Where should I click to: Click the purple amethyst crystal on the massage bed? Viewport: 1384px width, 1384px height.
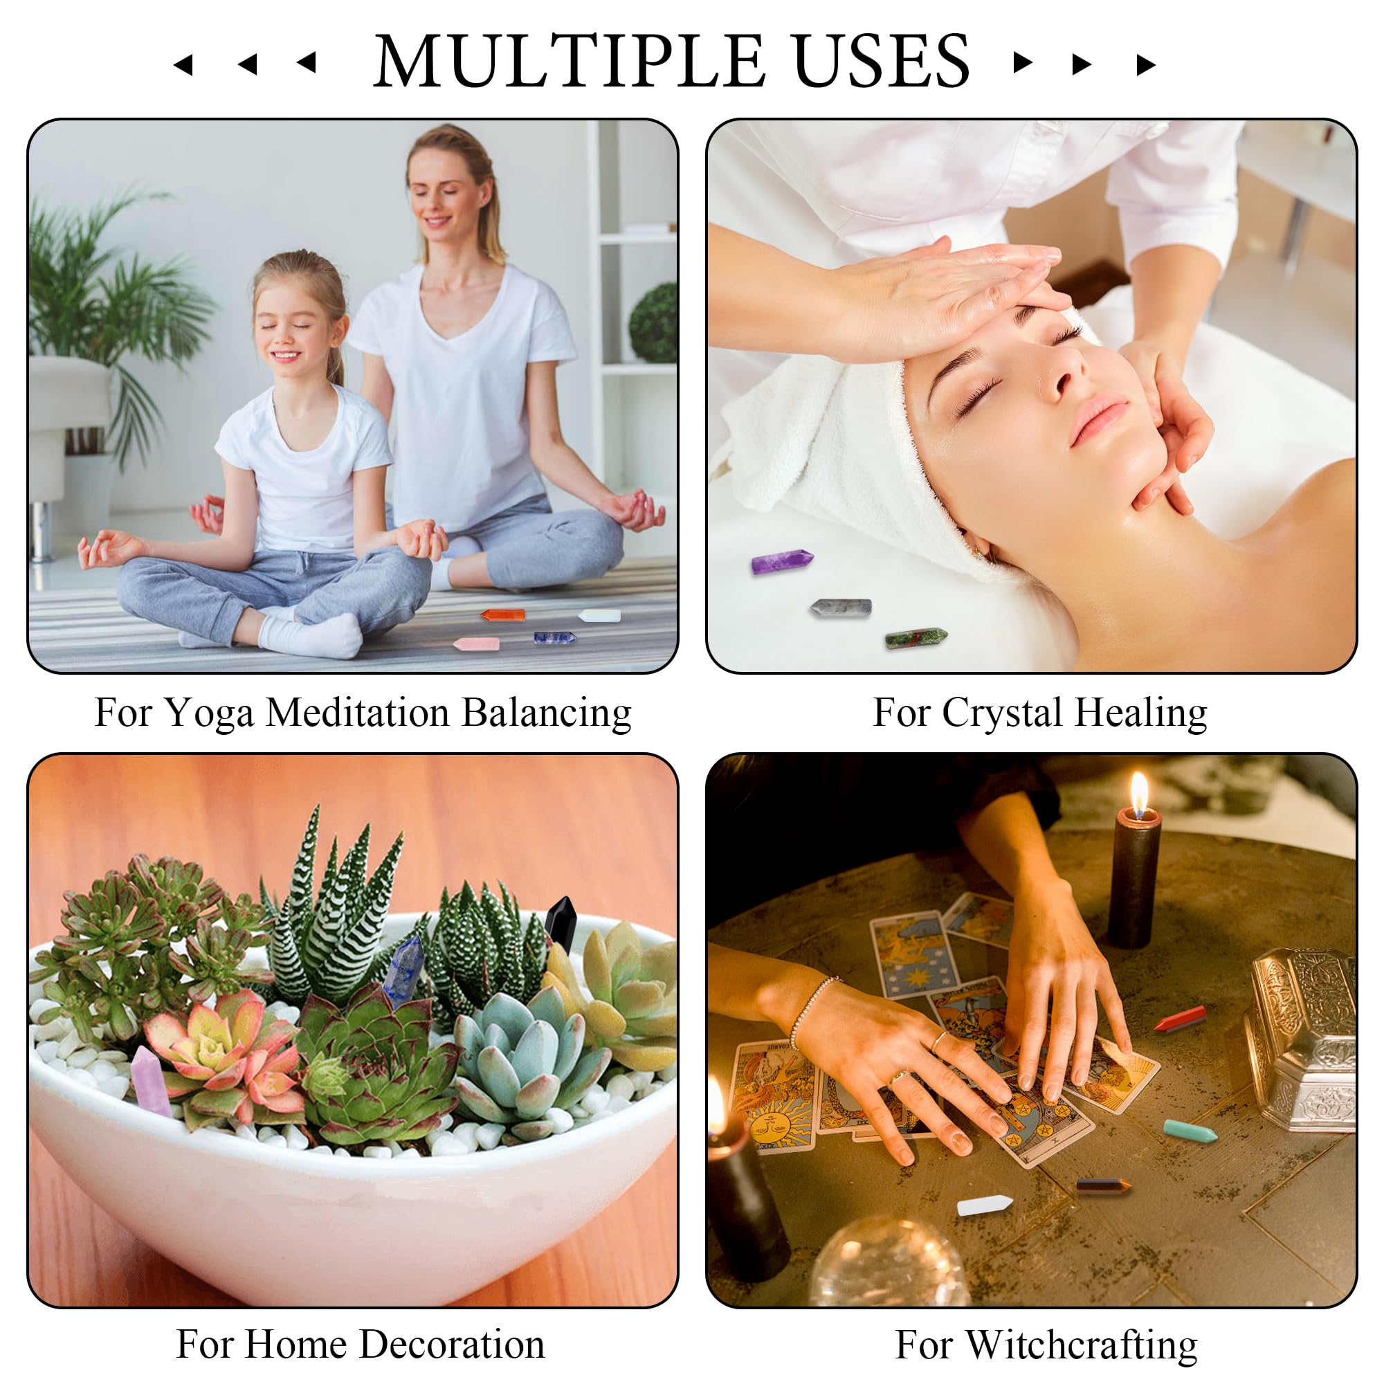(781, 561)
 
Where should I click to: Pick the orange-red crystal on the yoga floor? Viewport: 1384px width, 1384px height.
(503, 614)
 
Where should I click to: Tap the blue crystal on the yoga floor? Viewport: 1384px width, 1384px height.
(554, 637)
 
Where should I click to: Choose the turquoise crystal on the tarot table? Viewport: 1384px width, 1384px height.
(1190, 1131)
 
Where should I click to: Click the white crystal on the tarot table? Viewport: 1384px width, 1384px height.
(985, 1205)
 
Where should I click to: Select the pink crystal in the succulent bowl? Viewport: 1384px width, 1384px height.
(150, 1081)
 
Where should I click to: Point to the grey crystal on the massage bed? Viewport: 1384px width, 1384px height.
(841, 608)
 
